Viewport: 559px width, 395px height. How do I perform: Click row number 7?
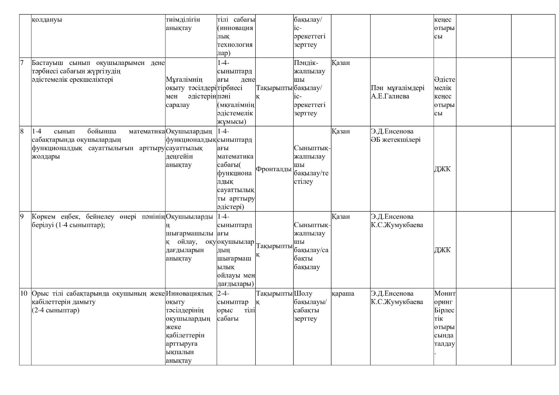22,63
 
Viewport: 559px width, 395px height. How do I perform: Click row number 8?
22,131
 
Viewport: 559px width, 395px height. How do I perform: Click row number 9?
22,217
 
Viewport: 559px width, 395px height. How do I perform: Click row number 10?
23,293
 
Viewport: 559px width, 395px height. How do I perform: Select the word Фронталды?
274,169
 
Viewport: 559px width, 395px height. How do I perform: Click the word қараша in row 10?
343,293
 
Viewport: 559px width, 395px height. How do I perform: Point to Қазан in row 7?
341,63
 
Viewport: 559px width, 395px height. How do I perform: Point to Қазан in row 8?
341,131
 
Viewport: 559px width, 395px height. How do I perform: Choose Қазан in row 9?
341,217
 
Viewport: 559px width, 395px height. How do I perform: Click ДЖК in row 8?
442,169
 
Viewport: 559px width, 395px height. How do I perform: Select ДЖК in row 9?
442,250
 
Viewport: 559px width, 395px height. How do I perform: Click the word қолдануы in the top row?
47,20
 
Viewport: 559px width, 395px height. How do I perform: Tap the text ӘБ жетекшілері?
396,140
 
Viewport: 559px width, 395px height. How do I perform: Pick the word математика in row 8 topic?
147,131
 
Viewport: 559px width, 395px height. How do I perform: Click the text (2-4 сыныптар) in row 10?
55,310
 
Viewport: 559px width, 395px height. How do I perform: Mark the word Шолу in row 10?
303,293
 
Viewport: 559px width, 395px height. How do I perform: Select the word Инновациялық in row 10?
189,293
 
